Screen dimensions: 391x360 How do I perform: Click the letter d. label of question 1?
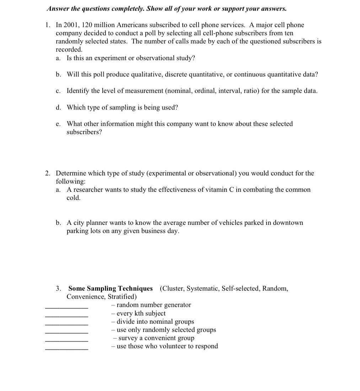pos(58,107)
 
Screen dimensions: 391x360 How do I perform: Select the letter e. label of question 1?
pos(58,124)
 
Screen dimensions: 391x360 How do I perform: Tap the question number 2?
pos(48,173)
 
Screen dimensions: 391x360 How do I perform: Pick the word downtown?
pos(286,223)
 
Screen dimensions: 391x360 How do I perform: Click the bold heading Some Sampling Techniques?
pos(111,288)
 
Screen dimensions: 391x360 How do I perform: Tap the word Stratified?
pos(122,297)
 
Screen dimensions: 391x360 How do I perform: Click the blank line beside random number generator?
pos(67,308)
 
